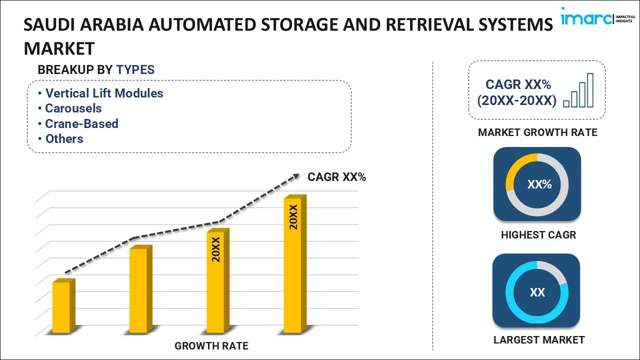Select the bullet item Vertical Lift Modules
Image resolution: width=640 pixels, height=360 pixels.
pyautogui.click(x=104, y=93)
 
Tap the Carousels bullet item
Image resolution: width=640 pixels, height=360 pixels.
pyautogui.click(x=73, y=108)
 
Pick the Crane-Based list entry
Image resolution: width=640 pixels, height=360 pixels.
pyautogui.click(x=81, y=123)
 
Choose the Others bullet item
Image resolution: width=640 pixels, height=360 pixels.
pyautogui.click(x=64, y=138)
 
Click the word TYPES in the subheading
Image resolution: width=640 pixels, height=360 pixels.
pyautogui.click(x=135, y=70)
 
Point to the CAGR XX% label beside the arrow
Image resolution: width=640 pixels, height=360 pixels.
pyautogui.click(x=336, y=176)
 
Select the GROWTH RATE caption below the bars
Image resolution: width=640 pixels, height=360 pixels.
pyautogui.click(x=211, y=345)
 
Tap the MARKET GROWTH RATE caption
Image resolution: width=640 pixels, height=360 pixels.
pyautogui.click(x=537, y=132)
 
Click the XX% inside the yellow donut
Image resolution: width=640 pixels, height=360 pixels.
pyautogui.click(x=539, y=184)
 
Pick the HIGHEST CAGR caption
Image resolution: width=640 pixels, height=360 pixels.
pyautogui.click(x=538, y=234)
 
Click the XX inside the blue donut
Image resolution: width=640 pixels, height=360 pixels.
pyautogui.click(x=537, y=292)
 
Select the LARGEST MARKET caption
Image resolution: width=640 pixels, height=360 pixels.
pyautogui.click(x=538, y=340)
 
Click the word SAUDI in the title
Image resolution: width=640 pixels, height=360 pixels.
pyautogui.click(x=46, y=24)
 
